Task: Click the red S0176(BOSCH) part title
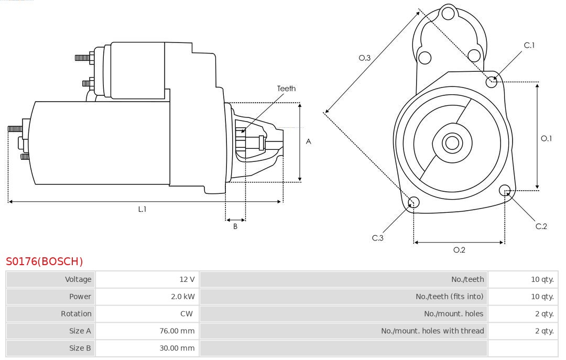(45, 261)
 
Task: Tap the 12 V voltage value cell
(187, 279)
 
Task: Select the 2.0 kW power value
(182, 297)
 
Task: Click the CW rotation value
(187, 314)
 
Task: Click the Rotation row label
(76, 314)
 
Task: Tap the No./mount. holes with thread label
(432, 331)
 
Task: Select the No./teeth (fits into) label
(449, 297)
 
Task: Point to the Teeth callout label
(286, 89)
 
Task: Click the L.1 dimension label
(142, 209)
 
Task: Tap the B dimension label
(235, 227)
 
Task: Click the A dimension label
(309, 141)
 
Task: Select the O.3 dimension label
(365, 58)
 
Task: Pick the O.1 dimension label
(547, 138)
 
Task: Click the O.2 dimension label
(459, 250)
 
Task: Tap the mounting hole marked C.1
(492, 81)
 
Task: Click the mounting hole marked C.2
(505, 190)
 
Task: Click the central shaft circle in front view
(451, 143)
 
